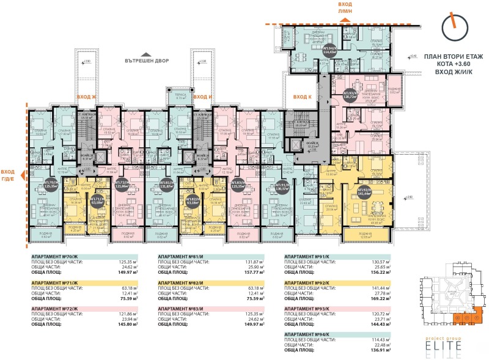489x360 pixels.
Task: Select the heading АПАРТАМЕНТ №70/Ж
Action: (x=55, y=257)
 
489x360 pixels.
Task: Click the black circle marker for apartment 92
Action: (x=366, y=189)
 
